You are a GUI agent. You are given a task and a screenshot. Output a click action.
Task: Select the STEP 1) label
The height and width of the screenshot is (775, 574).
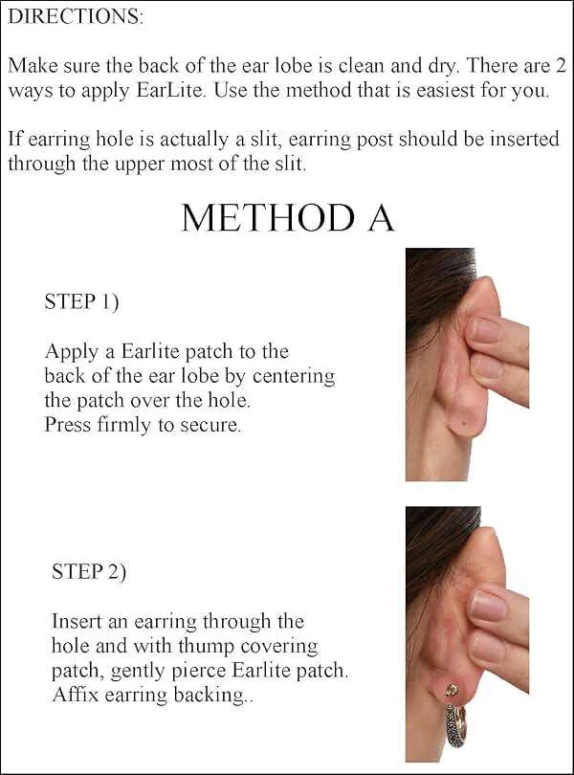[81, 302]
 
